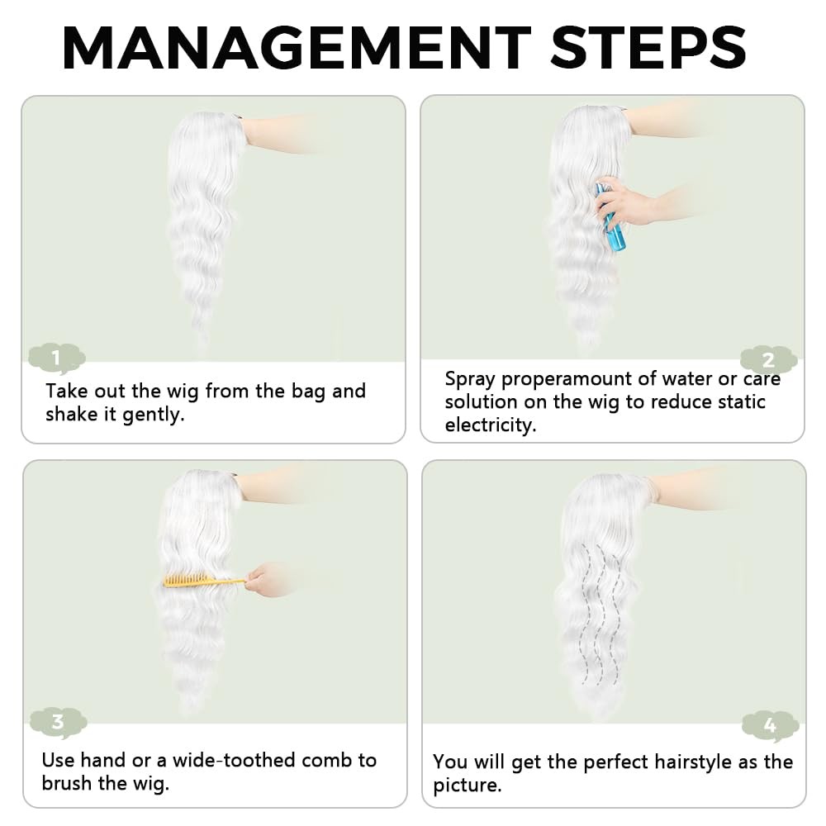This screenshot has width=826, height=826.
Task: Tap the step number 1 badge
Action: tap(57, 358)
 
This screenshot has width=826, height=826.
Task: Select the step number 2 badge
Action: tap(768, 360)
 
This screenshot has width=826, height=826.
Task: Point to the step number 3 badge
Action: tap(58, 722)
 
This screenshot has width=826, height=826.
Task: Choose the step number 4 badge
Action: tap(770, 726)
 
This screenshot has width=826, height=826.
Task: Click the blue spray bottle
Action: tap(611, 217)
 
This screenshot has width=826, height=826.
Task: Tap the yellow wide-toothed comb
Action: tap(203, 581)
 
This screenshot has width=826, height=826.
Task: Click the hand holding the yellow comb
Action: tap(266, 580)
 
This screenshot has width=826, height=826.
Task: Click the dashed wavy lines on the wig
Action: tap(600, 615)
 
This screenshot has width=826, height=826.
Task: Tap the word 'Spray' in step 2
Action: tap(470, 379)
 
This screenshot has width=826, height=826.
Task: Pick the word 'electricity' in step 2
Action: tap(489, 425)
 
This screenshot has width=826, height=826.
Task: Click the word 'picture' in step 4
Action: tap(465, 786)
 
